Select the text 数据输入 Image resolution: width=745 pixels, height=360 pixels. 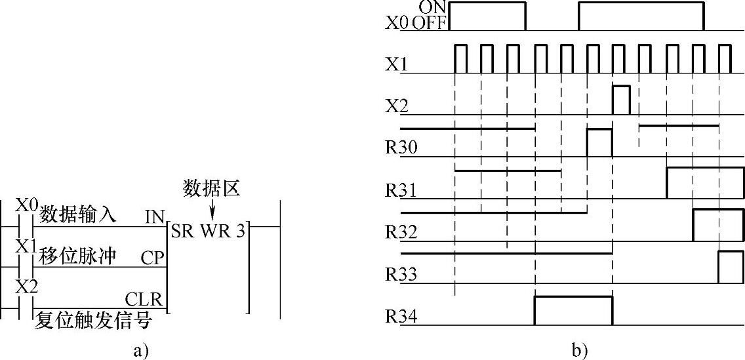point(79,214)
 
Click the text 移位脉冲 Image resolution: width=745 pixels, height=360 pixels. point(79,256)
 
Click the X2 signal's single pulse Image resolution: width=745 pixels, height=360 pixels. point(621,98)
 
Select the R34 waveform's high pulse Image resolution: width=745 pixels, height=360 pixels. point(573,310)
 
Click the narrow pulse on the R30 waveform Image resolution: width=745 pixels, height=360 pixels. point(599,142)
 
